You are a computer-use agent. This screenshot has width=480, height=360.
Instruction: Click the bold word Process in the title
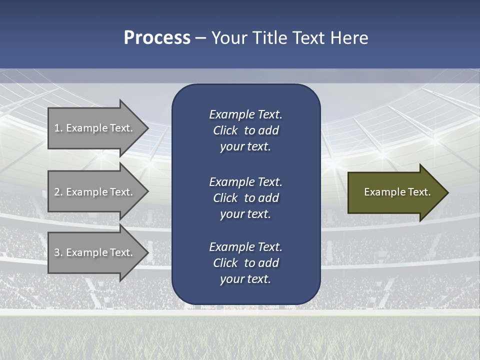[x=157, y=38]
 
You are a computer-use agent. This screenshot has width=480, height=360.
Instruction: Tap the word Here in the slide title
[x=349, y=38]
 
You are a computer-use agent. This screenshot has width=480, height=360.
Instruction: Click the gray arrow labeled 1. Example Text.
[x=95, y=128]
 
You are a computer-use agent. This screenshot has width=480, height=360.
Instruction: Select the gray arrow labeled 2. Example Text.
[x=95, y=192]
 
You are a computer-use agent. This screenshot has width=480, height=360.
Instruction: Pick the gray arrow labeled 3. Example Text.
[x=95, y=252]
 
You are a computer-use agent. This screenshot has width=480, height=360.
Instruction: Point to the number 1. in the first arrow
[x=58, y=128]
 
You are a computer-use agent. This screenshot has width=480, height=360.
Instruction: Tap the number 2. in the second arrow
[x=58, y=192]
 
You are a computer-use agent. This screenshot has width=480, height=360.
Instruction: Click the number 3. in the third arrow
[x=58, y=252]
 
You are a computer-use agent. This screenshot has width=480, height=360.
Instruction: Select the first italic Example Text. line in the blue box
[x=245, y=114]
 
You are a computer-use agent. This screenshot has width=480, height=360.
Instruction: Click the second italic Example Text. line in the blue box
[x=245, y=182]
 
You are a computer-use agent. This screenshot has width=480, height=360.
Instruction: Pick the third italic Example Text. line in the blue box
[x=245, y=247]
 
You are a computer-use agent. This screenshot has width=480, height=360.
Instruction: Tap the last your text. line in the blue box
[x=245, y=279]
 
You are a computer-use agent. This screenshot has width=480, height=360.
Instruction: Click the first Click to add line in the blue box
[x=245, y=130]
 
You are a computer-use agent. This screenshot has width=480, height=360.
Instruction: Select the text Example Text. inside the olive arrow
[x=397, y=192]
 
